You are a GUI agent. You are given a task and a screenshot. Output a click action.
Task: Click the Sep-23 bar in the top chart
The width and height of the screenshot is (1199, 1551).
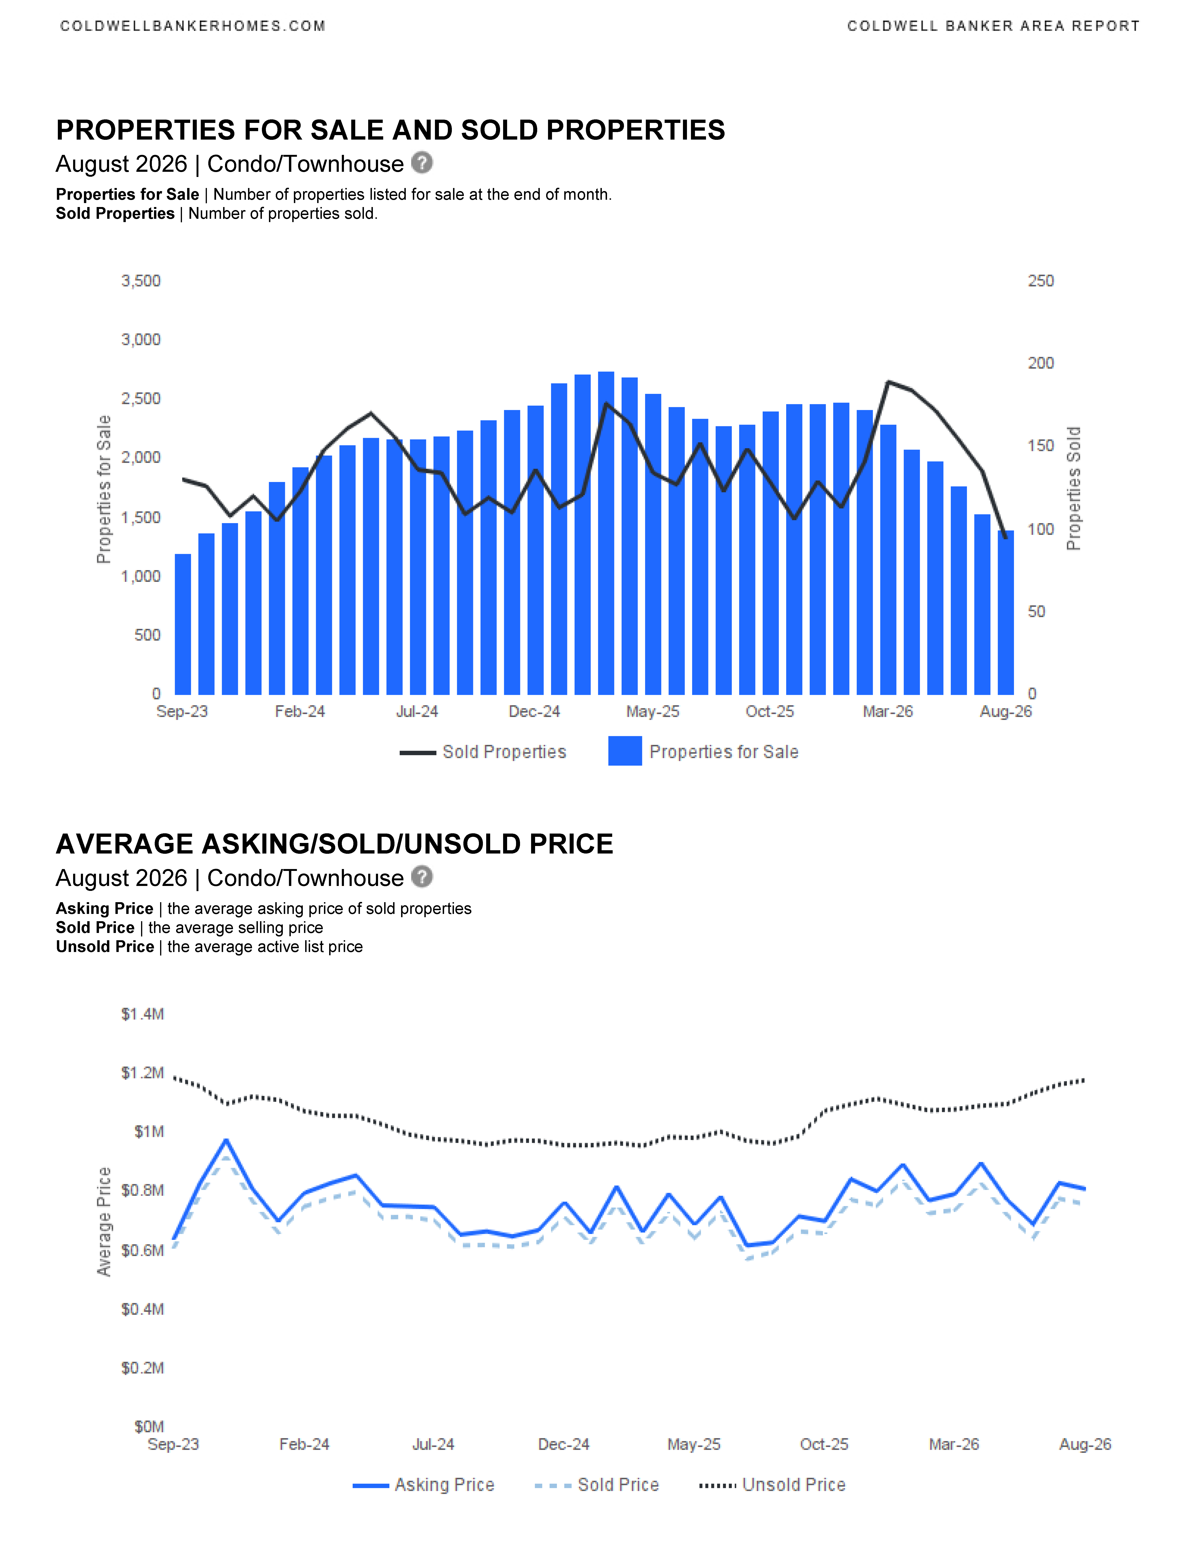click(182, 624)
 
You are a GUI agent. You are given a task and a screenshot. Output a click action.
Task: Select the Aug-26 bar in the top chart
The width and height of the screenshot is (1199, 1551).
click(1006, 612)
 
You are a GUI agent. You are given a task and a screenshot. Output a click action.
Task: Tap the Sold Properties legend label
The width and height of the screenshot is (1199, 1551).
click(504, 752)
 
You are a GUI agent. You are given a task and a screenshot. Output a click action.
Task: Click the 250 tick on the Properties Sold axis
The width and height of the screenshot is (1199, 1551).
click(1041, 281)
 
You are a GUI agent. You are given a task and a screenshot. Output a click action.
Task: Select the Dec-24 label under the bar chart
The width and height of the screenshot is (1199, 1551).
click(534, 712)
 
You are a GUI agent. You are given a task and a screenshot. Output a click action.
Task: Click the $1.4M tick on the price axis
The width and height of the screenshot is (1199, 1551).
click(143, 1014)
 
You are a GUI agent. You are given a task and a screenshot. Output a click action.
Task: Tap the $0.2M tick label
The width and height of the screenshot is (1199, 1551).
click(143, 1368)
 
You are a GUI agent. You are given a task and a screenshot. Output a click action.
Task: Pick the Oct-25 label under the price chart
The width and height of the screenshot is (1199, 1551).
click(824, 1445)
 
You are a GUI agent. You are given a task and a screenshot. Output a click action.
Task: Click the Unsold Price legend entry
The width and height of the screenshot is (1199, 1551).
click(773, 1485)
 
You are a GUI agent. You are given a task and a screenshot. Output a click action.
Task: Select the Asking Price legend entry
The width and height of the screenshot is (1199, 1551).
click(423, 1485)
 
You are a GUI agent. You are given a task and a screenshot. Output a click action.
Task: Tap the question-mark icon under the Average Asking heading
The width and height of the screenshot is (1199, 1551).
click(422, 877)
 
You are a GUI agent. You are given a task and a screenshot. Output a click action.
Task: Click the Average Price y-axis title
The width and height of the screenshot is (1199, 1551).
click(104, 1222)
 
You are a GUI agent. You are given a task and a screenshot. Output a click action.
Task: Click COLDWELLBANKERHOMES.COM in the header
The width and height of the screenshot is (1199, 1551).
click(193, 26)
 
